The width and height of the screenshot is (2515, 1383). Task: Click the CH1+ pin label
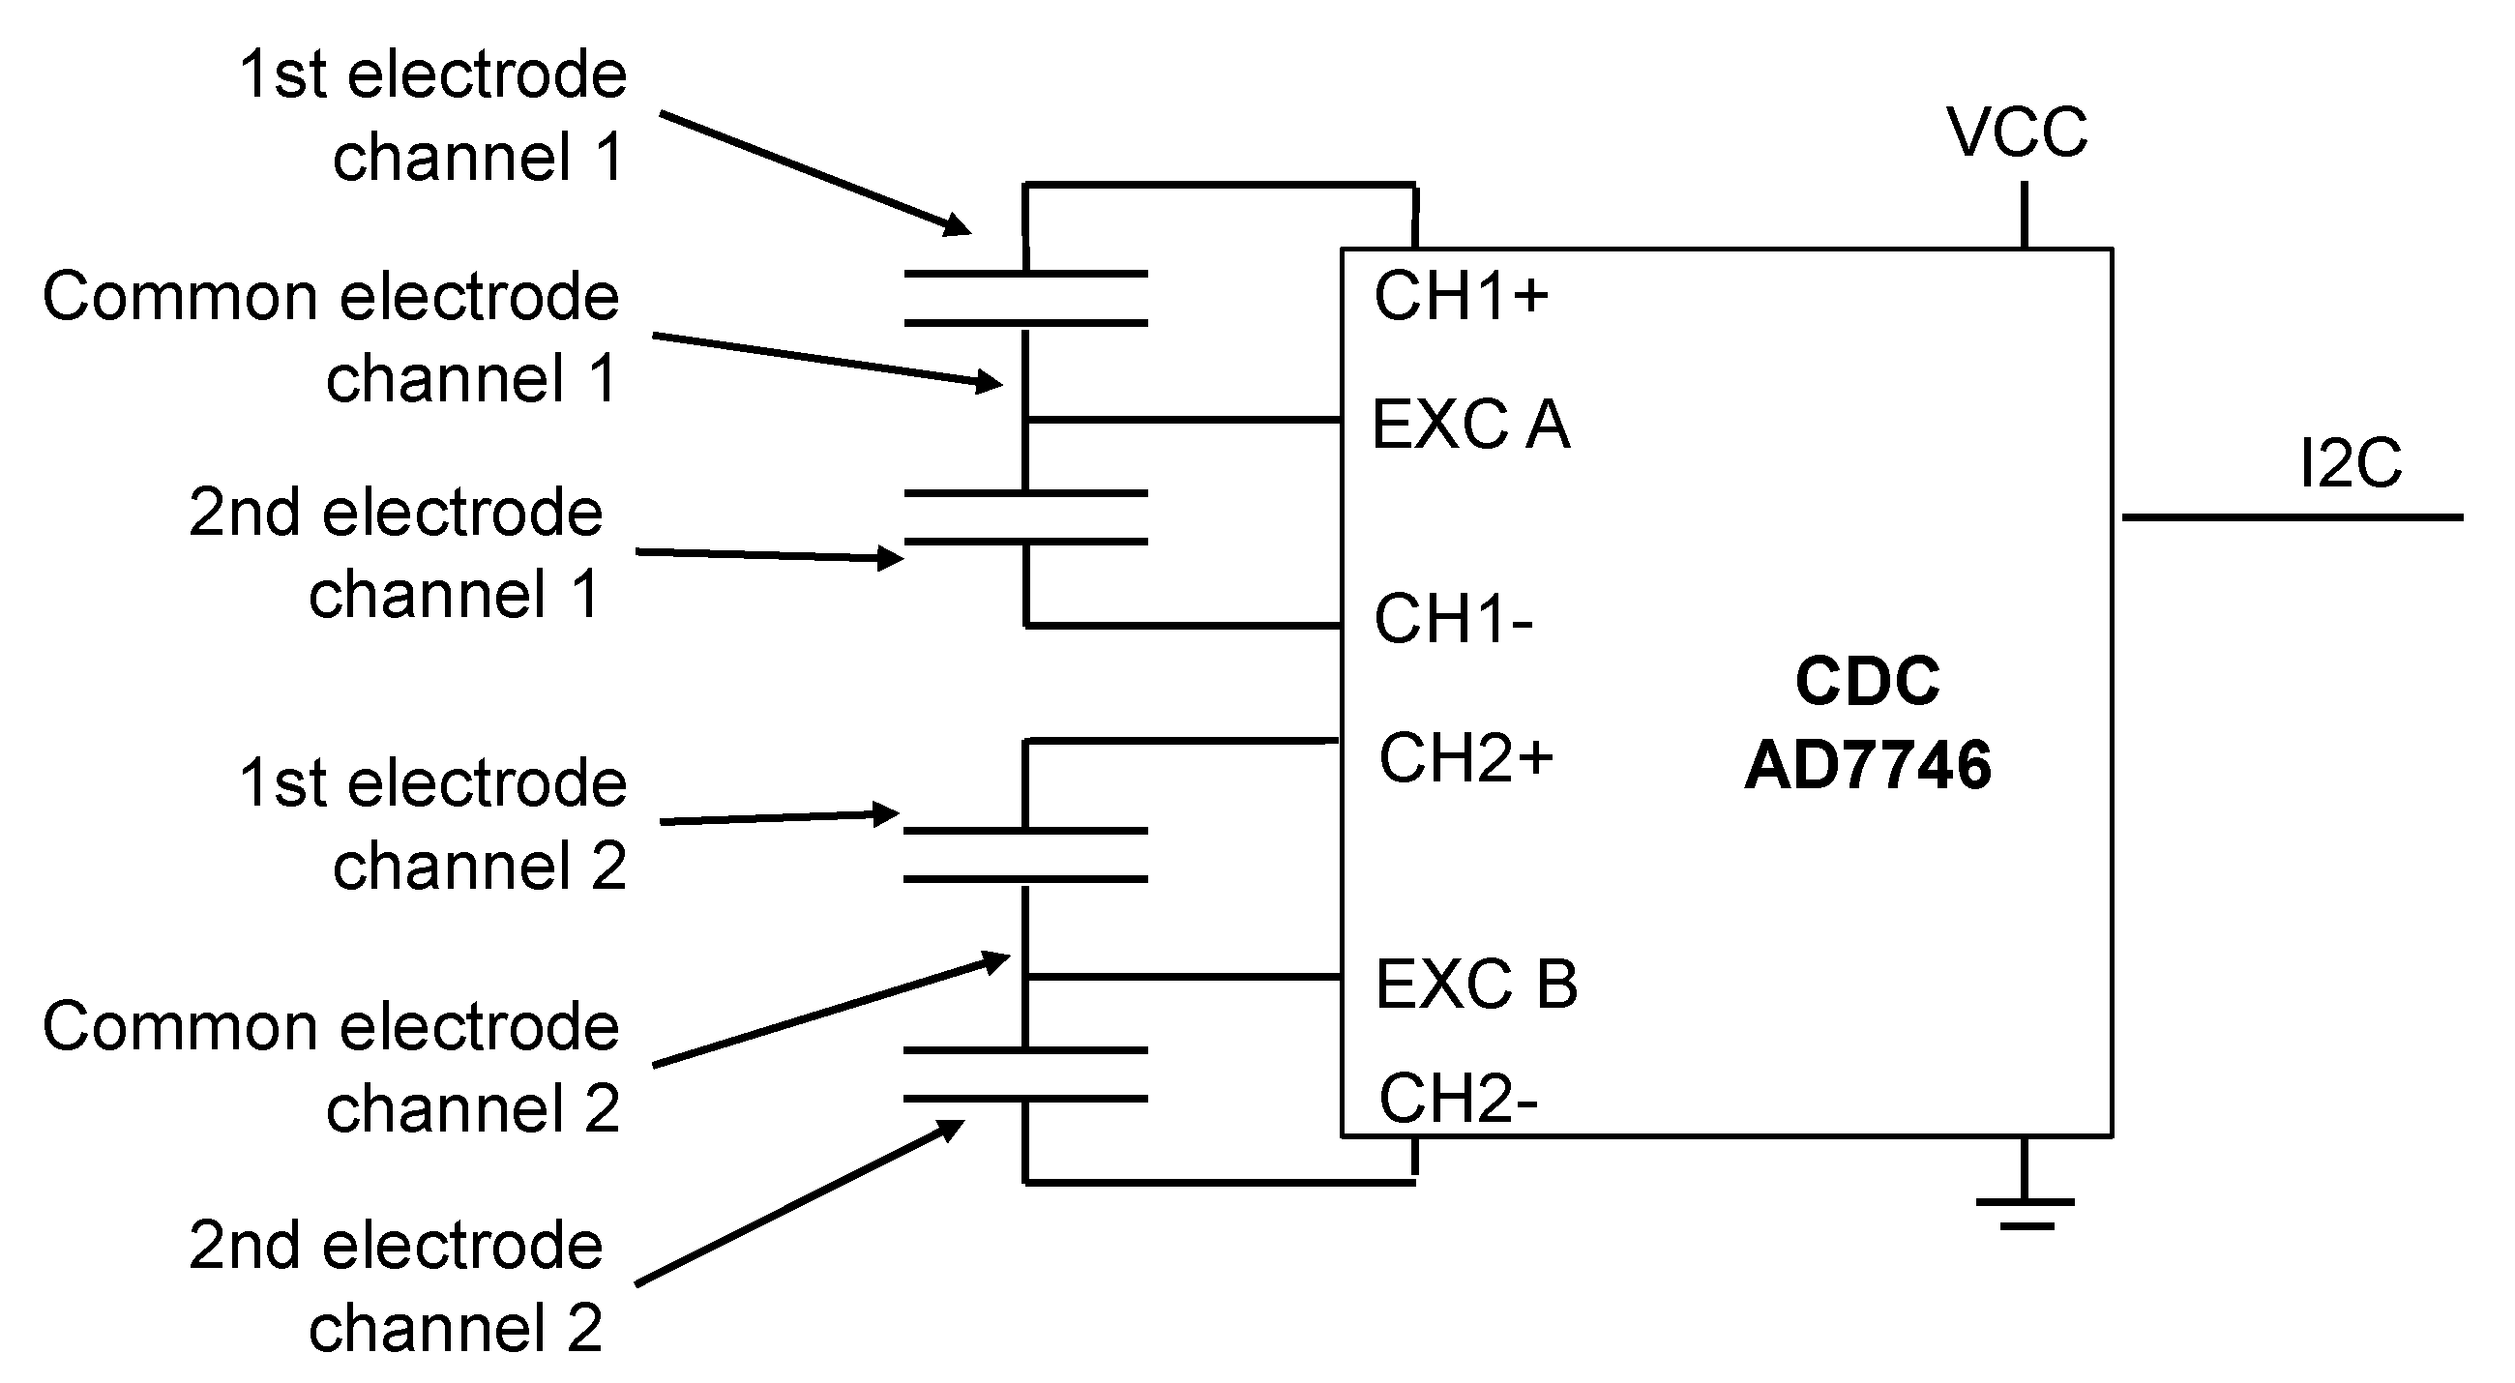point(1461,296)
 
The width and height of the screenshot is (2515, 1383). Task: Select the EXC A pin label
point(1470,425)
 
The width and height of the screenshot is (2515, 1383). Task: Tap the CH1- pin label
point(1453,619)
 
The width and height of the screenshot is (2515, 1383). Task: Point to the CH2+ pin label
point(1465,758)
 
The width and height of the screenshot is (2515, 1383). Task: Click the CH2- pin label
point(1458,1098)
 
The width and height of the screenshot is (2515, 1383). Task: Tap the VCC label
point(2017,132)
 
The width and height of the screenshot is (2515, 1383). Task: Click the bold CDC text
point(1867,680)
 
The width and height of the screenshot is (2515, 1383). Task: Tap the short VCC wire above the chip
point(2024,215)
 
